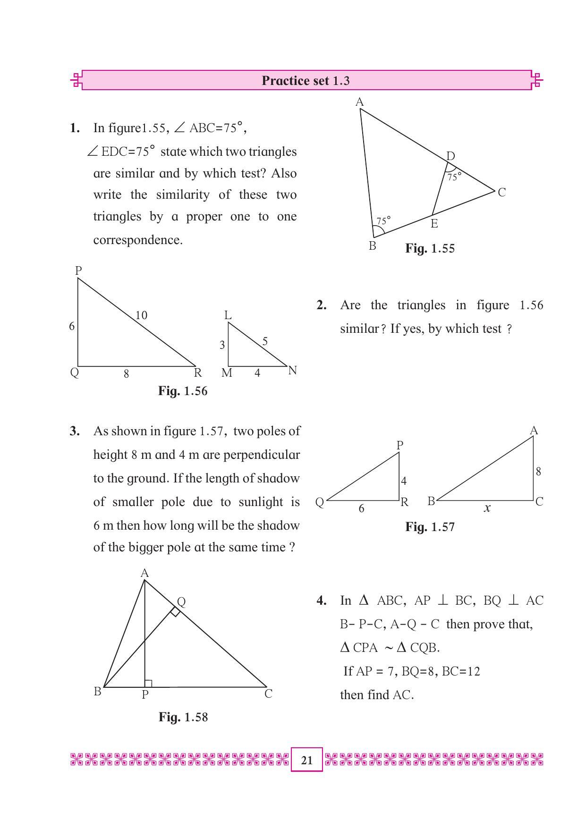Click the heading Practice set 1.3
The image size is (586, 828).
tap(306, 81)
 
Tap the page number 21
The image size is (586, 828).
tap(306, 760)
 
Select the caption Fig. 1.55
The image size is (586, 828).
tap(430, 249)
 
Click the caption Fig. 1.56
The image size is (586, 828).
tap(183, 391)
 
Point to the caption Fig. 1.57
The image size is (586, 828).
tap(430, 527)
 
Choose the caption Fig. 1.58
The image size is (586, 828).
tap(183, 717)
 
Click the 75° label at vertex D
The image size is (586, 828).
tap(454, 177)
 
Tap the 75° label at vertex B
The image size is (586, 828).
tap(383, 220)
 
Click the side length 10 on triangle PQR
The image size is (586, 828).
tap(141, 315)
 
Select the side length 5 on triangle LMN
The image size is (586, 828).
tap(265, 341)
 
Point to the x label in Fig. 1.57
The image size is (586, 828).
tap(487, 508)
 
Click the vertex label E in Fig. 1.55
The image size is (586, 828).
tap(434, 224)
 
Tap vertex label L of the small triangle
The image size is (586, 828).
tap(228, 315)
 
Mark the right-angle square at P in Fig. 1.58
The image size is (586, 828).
tap(148, 684)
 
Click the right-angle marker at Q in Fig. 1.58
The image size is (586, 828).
tap(175, 612)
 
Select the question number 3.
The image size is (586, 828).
tap(75, 431)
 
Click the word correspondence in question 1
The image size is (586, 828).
tap(138, 240)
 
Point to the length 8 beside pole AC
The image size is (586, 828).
tap(538, 471)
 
